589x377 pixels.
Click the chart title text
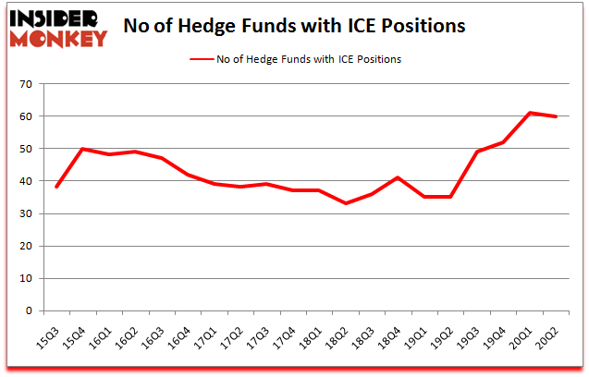pos(294,25)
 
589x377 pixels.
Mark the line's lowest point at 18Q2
pos(346,203)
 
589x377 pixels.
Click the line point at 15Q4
pos(84,149)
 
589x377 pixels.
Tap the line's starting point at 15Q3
pos(58,188)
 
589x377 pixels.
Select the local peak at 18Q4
pos(398,177)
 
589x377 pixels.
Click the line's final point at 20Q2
pos(557,116)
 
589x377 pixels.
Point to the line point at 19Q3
pos(478,152)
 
